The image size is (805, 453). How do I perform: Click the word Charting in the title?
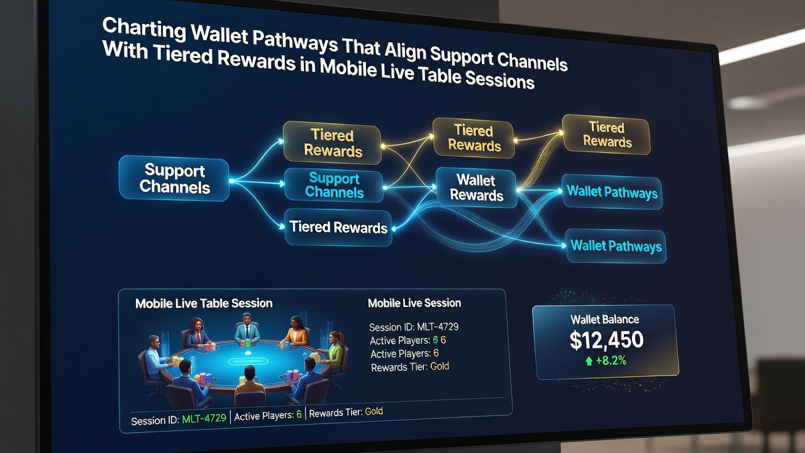click(144, 28)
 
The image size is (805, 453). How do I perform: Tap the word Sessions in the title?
click(499, 80)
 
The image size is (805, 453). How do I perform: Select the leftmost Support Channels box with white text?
click(174, 178)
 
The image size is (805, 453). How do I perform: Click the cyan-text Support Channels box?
click(334, 186)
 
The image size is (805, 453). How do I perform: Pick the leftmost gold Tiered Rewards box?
click(333, 143)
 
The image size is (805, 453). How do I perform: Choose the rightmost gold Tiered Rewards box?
click(607, 135)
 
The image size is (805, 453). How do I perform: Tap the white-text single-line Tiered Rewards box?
click(338, 227)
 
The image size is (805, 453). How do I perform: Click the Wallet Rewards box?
click(476, 187)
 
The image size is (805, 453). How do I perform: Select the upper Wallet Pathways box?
click(612, 192)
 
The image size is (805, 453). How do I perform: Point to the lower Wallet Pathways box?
click(616, 246)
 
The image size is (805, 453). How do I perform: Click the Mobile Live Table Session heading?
click(204, 303)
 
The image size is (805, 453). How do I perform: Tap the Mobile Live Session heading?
click(414, 303)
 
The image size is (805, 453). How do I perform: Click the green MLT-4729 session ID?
click(204, 418)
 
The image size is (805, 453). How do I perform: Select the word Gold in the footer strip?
click(374, 411)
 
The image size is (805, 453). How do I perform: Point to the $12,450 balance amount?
click(607, 340)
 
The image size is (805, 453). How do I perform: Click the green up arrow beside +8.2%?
click(589, 361)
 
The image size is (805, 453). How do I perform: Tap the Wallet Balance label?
click(605, 319)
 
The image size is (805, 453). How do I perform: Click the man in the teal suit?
click(247, 328)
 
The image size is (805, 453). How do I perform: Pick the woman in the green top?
click(333, 350)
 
